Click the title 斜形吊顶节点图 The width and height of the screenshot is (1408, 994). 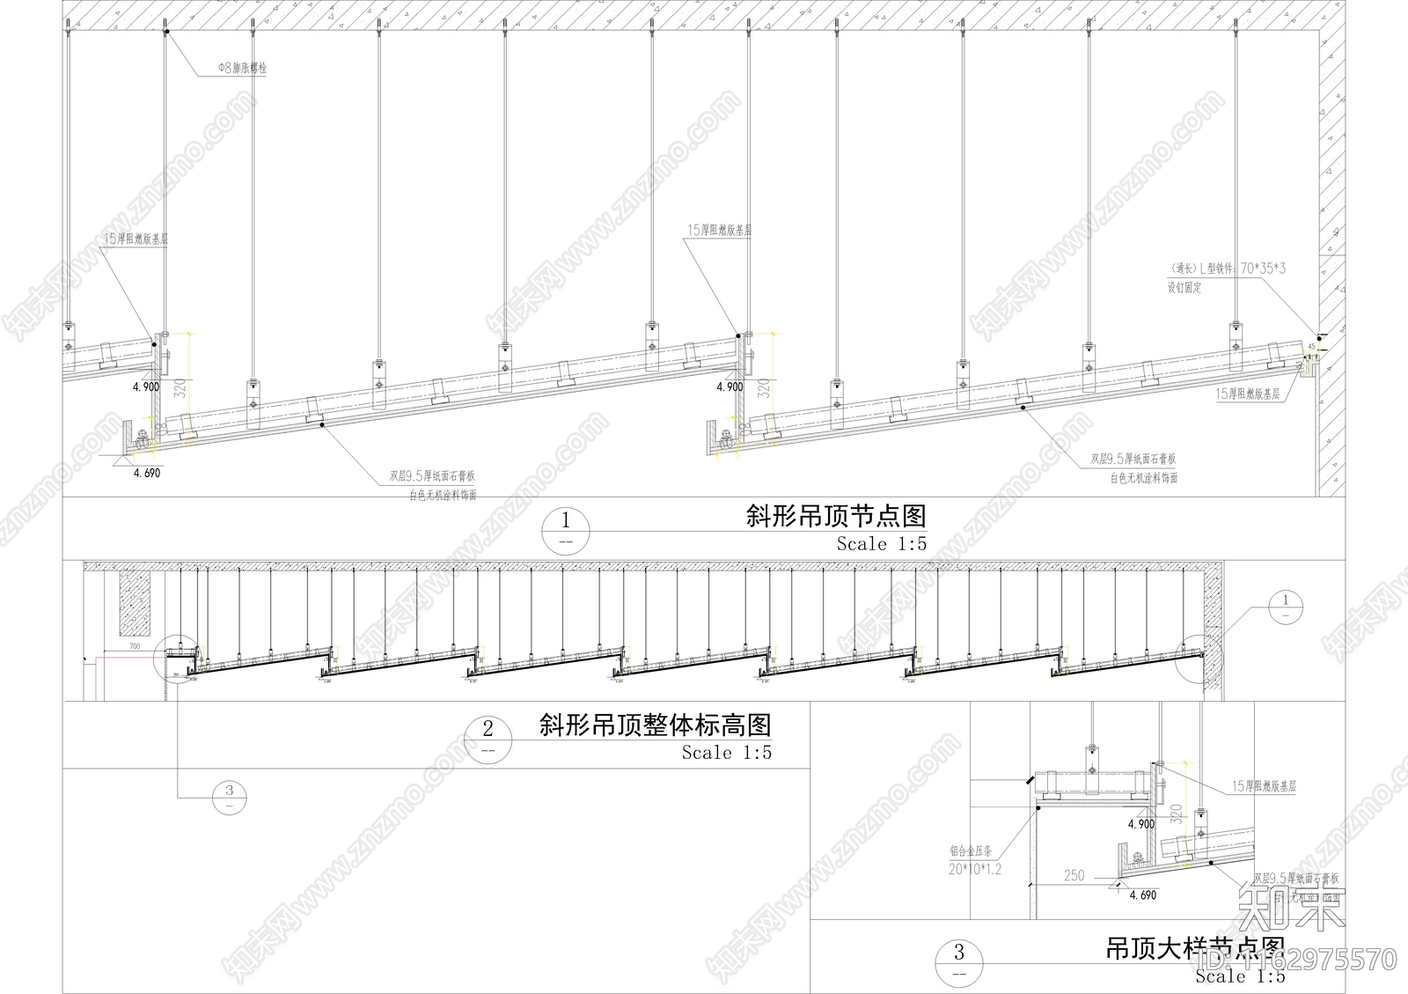(835, 516)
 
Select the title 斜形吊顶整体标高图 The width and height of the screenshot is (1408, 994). (655, 725)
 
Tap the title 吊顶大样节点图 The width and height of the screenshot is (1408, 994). (1195, 950)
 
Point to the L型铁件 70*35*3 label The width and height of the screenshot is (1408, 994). (1226, 269)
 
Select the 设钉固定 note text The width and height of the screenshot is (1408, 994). (1185, 287)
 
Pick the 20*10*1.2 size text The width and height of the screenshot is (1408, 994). (975, 869)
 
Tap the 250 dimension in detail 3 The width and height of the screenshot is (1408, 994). (1074, 876)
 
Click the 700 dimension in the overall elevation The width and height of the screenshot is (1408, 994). (134, 648)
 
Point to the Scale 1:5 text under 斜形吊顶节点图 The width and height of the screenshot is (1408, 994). (881, 544)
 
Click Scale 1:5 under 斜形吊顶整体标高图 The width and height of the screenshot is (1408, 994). (726, 753)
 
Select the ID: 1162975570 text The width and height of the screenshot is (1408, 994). (1295, 958)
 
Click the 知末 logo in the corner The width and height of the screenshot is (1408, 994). (1291, 909)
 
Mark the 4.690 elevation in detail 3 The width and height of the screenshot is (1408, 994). (1142, 895)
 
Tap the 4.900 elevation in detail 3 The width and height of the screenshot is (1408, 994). (1140, 824)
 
